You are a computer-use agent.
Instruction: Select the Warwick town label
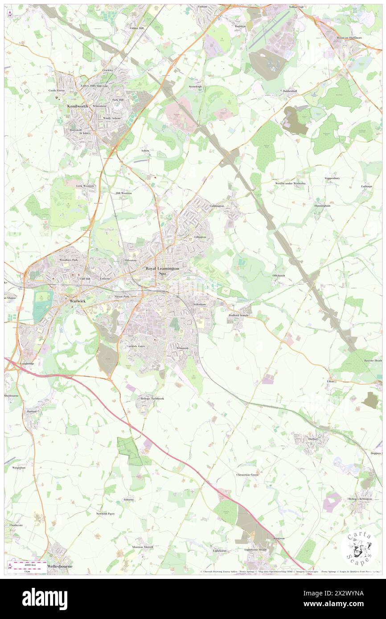[78, 301]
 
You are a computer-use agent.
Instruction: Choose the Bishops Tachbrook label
[152, 398]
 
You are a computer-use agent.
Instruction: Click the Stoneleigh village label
[195, 86]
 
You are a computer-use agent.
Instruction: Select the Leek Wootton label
[85, 186]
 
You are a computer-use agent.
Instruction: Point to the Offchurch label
[279, 276]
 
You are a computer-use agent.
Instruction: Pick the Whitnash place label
[183, 348]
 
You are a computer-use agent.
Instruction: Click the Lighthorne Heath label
[255, 550]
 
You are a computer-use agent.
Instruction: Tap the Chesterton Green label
[247, 475]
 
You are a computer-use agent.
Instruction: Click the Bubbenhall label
[290, 91]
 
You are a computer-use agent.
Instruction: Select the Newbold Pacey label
[105, 513]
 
